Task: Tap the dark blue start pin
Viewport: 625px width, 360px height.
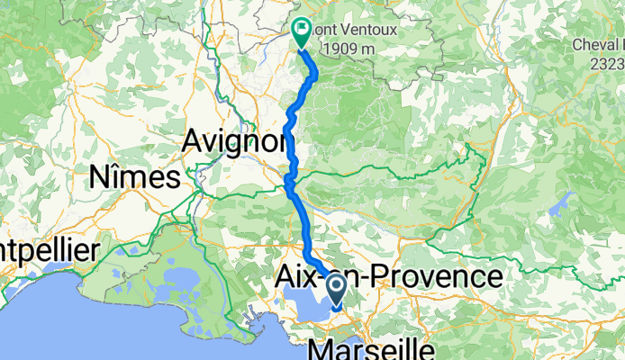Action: click(x=337, y=289)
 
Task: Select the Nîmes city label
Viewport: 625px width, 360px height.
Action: click(x=133, y=177)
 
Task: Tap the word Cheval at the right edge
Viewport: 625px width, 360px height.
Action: click(x=597, y=44)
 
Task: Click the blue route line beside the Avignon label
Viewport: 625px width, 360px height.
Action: click(x=289, y=135)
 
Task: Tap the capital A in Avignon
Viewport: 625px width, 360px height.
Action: click(x=192, y=140)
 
